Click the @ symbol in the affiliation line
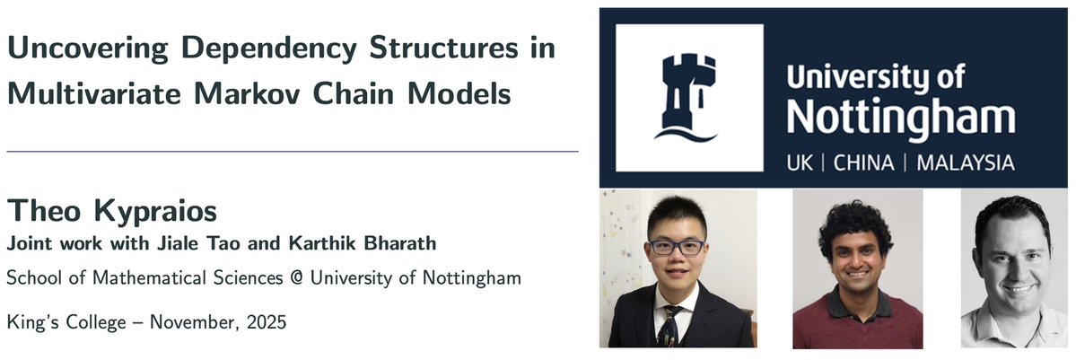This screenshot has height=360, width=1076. tap(293, 279)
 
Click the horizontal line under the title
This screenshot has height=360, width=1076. tap(292, 151)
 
